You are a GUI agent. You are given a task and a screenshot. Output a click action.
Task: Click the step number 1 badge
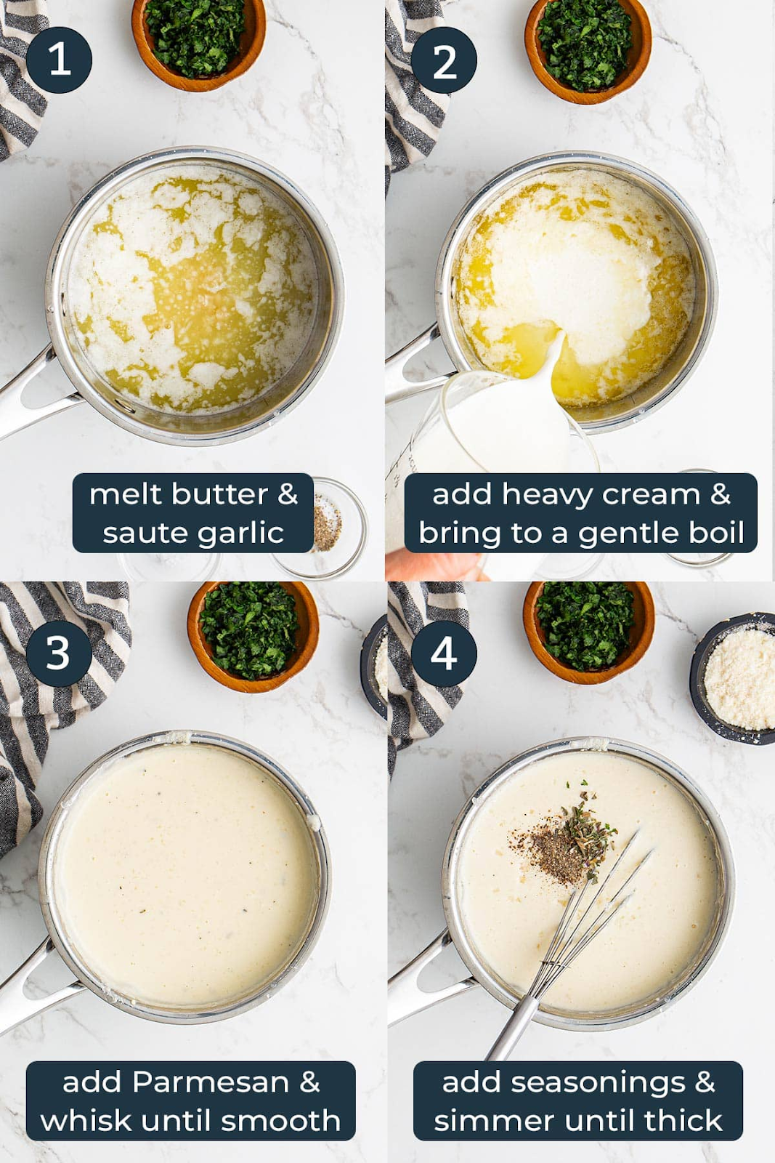tap(59, 60)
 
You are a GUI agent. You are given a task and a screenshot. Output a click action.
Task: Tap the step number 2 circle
tap(444, 60)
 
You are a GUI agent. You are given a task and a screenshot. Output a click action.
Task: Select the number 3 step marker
tap(59, 653)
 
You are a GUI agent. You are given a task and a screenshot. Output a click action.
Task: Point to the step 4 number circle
tap(444, 653)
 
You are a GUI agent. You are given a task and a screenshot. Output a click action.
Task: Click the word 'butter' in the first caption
tap(219, 494)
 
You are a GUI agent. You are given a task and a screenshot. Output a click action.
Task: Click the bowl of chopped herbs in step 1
tap(198, 41)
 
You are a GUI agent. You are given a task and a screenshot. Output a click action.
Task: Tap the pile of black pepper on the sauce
tap(550, 854)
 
